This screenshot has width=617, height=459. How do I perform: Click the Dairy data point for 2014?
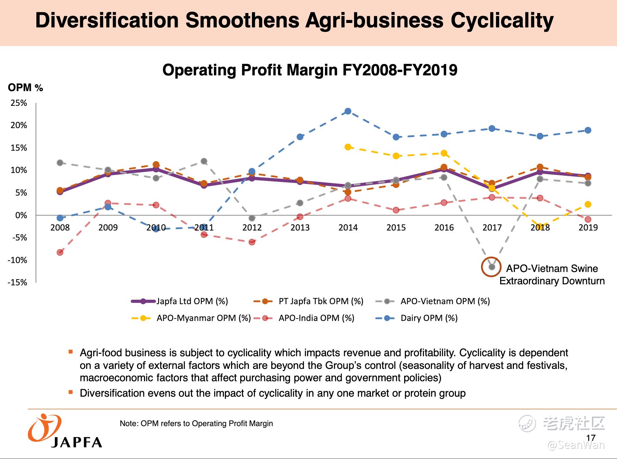tap(348, 111)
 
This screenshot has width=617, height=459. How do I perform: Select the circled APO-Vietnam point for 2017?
tap(492, 266)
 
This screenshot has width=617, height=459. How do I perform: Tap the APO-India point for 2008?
tap(60, 252)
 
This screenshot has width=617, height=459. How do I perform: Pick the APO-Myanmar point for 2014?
tap(348, 147)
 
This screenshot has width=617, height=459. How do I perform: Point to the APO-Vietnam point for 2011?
tap(204, 161)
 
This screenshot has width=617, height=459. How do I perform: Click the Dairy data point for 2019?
tap(588, 130)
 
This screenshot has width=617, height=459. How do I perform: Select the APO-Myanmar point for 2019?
tap(588, 204)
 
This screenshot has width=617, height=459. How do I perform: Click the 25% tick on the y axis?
tap(19, 103)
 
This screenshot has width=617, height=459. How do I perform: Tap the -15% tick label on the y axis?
tap(18, 282)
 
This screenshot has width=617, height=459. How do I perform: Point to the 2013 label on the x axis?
tap(300, 227)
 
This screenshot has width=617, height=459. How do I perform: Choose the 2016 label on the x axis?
tap(444, 227)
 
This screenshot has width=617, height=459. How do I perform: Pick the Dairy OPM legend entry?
tap(429, 318)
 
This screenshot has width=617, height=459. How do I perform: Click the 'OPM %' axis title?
tap(25, 88)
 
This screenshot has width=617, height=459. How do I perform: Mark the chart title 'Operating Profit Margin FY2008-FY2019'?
tap(310, 70)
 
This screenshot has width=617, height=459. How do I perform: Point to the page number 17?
tap(591, 437)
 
